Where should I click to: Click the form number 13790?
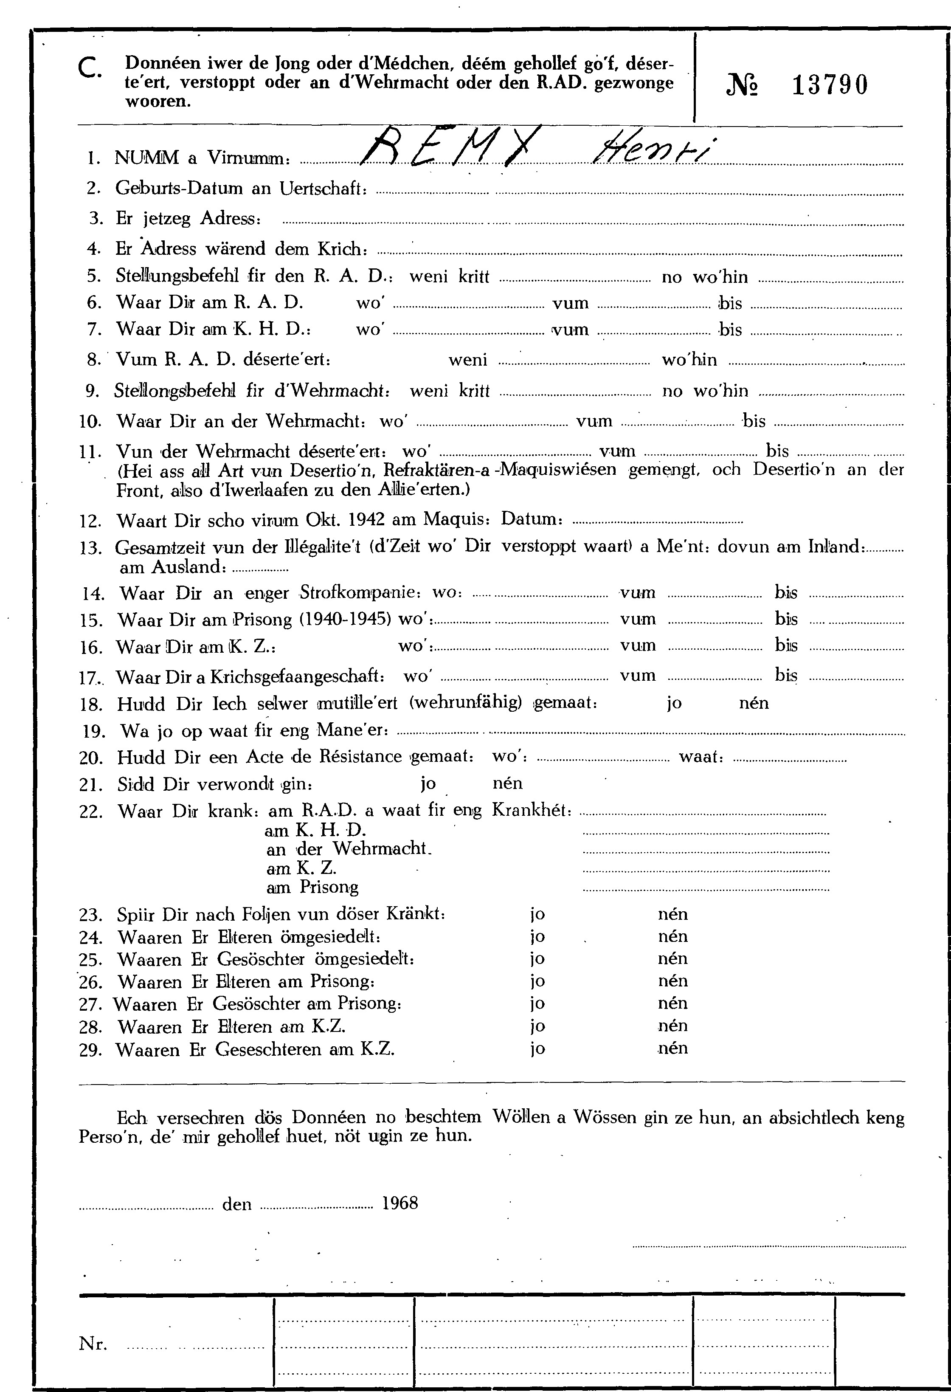(x=830, y=85)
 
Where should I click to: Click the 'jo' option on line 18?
(x=674, y=703)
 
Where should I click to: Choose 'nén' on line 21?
(x=507, y=783)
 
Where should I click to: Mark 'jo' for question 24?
(x=537, y=937)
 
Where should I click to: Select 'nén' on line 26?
(x=672, y=981)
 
